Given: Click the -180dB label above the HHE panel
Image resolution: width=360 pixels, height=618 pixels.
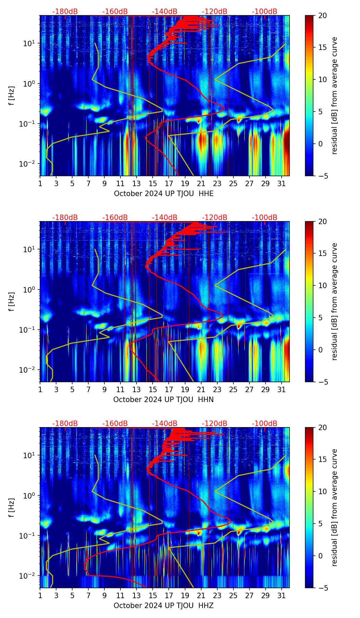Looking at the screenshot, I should point(65,12).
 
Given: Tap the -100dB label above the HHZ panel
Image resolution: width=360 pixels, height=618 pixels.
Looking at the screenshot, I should point(265,424).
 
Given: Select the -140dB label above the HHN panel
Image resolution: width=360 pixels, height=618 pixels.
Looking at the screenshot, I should point(165,218).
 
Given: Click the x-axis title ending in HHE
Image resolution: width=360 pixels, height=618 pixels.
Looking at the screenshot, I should point(164,194).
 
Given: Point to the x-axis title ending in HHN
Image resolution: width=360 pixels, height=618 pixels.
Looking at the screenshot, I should point(163,400).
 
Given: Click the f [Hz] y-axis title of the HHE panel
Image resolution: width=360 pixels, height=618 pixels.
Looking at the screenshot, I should point(12,95).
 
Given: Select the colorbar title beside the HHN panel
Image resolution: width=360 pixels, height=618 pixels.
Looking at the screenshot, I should point(335,301).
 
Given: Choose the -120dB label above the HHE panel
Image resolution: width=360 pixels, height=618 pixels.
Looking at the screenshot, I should point(215,12).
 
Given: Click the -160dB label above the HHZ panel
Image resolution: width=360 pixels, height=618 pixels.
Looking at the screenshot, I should point(115,424).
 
